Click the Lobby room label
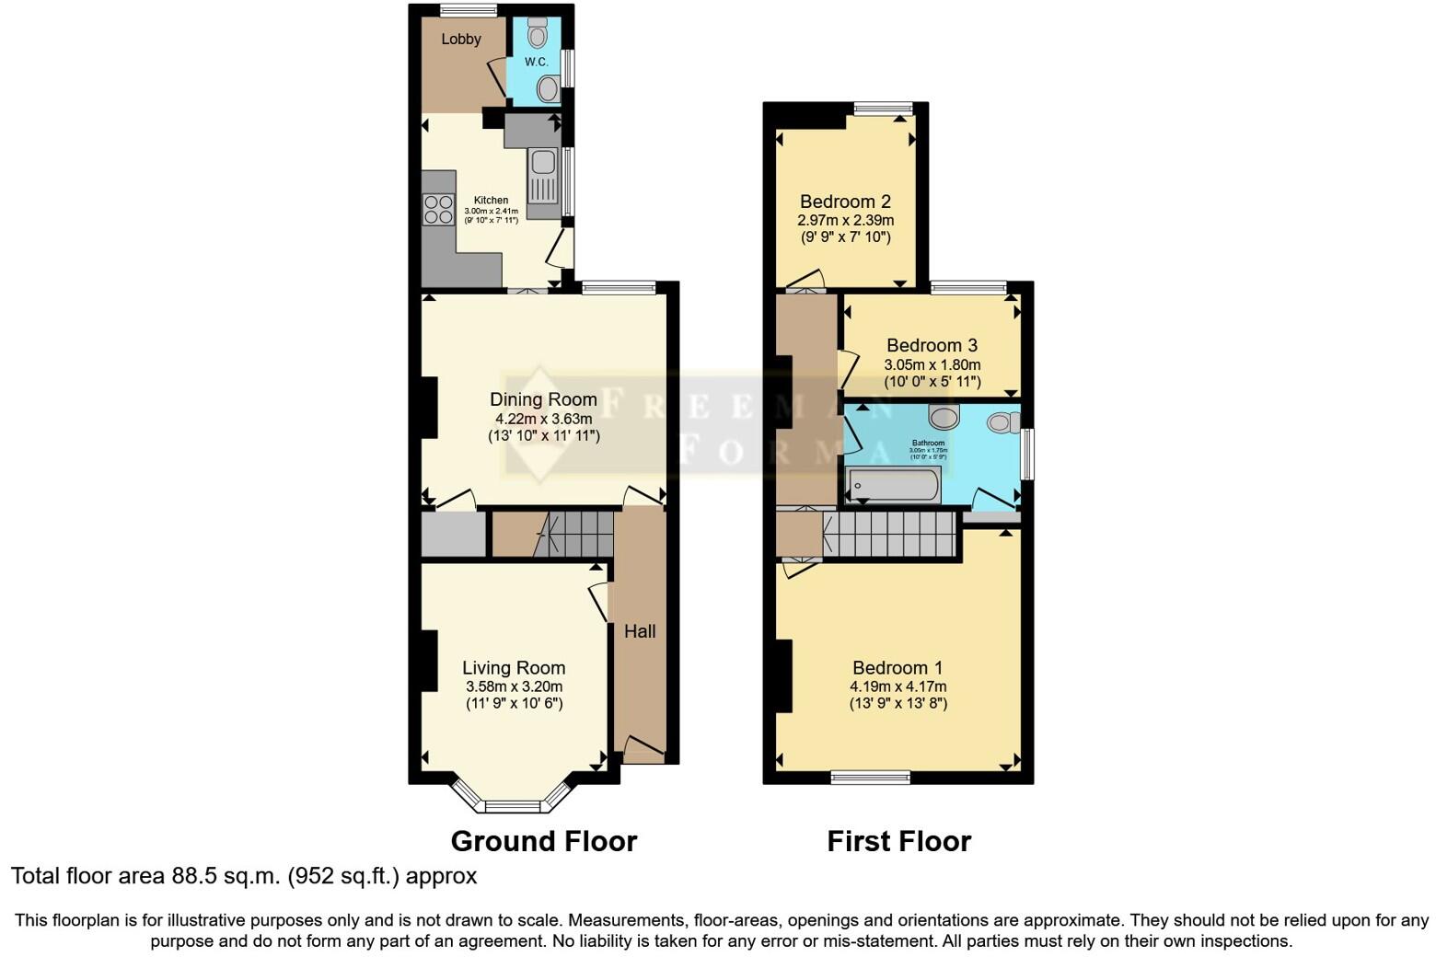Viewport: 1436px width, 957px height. click(x=460, y=39)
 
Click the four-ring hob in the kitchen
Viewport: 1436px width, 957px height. click(x=438, y=210)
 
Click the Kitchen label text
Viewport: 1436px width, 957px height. click(x=491, y=200)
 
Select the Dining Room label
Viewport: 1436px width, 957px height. click(x=543, y=399)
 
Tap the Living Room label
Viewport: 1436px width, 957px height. click(x=514, y=668)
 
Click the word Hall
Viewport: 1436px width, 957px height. click(x=640, y=631)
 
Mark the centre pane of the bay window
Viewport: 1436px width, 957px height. click(x=513, y=807)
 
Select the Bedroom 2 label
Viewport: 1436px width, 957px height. click(x=845, y=202)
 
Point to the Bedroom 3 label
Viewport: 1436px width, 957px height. click(x=932, y=345)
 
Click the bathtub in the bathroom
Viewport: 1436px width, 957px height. click(x=894, y=485)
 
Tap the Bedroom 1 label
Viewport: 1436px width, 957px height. click(x=897, y=668)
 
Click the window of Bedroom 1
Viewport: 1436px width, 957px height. click(x=870, y=778)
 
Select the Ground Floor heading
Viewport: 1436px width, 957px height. click(x=543, y=841)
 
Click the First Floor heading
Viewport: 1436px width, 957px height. click(x=898, y=841)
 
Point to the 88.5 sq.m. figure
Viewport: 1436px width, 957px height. click(x=225, y=875)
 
